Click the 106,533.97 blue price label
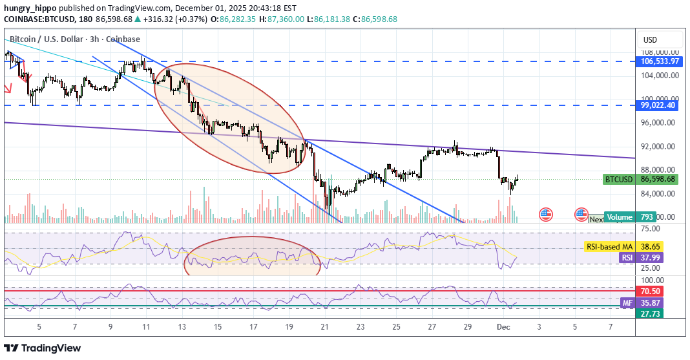tap(660, 61)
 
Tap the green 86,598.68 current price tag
tap(658, 179)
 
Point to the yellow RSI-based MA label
tap(609, 246)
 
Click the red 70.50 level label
tap(651, 291)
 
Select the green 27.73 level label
tap(651, 313)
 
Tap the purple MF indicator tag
tap(627, 302)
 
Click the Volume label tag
tap(620, 217)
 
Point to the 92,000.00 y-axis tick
tap(658, 147)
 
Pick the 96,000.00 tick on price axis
tap(658, 123)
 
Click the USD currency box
tap(650, 40)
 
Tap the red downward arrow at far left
tap(8, 89)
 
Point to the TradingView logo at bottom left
tap(44, 348)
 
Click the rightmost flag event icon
tap(581, 214)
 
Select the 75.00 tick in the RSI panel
tap(651, 229)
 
